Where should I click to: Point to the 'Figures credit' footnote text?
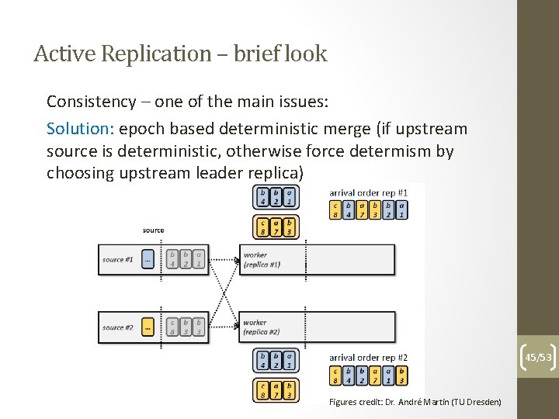[415, 402]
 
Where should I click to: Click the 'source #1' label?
[118, 259]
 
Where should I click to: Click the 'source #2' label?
[118, 327]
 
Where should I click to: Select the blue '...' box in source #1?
[148, 259]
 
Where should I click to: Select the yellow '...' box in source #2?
[148, 327]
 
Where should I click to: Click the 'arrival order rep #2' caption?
[368, 358]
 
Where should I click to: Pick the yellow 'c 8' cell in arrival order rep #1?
[335, 209]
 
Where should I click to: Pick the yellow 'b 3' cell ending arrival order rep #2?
[401, 376]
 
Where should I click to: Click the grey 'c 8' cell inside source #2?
[172, 327]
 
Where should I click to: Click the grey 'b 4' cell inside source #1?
[172, 259]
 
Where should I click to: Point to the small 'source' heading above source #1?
[153, 230]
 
